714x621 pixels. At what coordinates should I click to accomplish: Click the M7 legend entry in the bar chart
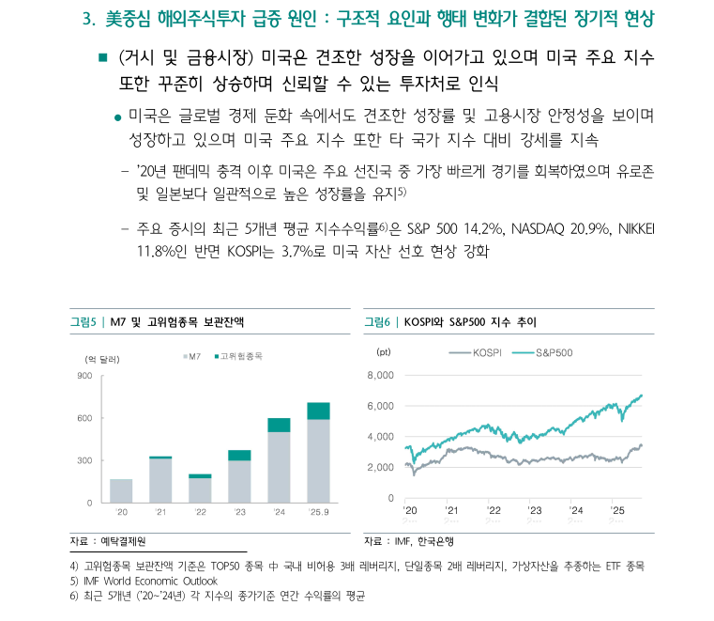[x=192, y=356]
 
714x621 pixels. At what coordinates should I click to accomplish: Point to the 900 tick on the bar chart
[x=84, y=376]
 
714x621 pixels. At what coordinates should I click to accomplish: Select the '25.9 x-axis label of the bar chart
[x=318, y=513]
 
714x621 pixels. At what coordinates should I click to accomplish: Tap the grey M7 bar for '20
[x=121, y=490]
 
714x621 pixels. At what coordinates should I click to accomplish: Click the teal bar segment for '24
[x=279, y=425]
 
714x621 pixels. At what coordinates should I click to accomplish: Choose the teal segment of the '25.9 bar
[x=318, y=411]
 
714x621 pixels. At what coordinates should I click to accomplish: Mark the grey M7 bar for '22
[x=200, y=490]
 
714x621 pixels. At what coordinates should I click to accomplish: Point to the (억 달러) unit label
[x=103, y=359]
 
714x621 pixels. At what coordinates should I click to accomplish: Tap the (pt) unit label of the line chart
[x=383, y=352]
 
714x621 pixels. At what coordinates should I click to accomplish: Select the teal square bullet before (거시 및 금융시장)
[x=103, y=59]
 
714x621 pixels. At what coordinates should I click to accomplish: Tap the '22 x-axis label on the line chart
[x=494, y=510]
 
